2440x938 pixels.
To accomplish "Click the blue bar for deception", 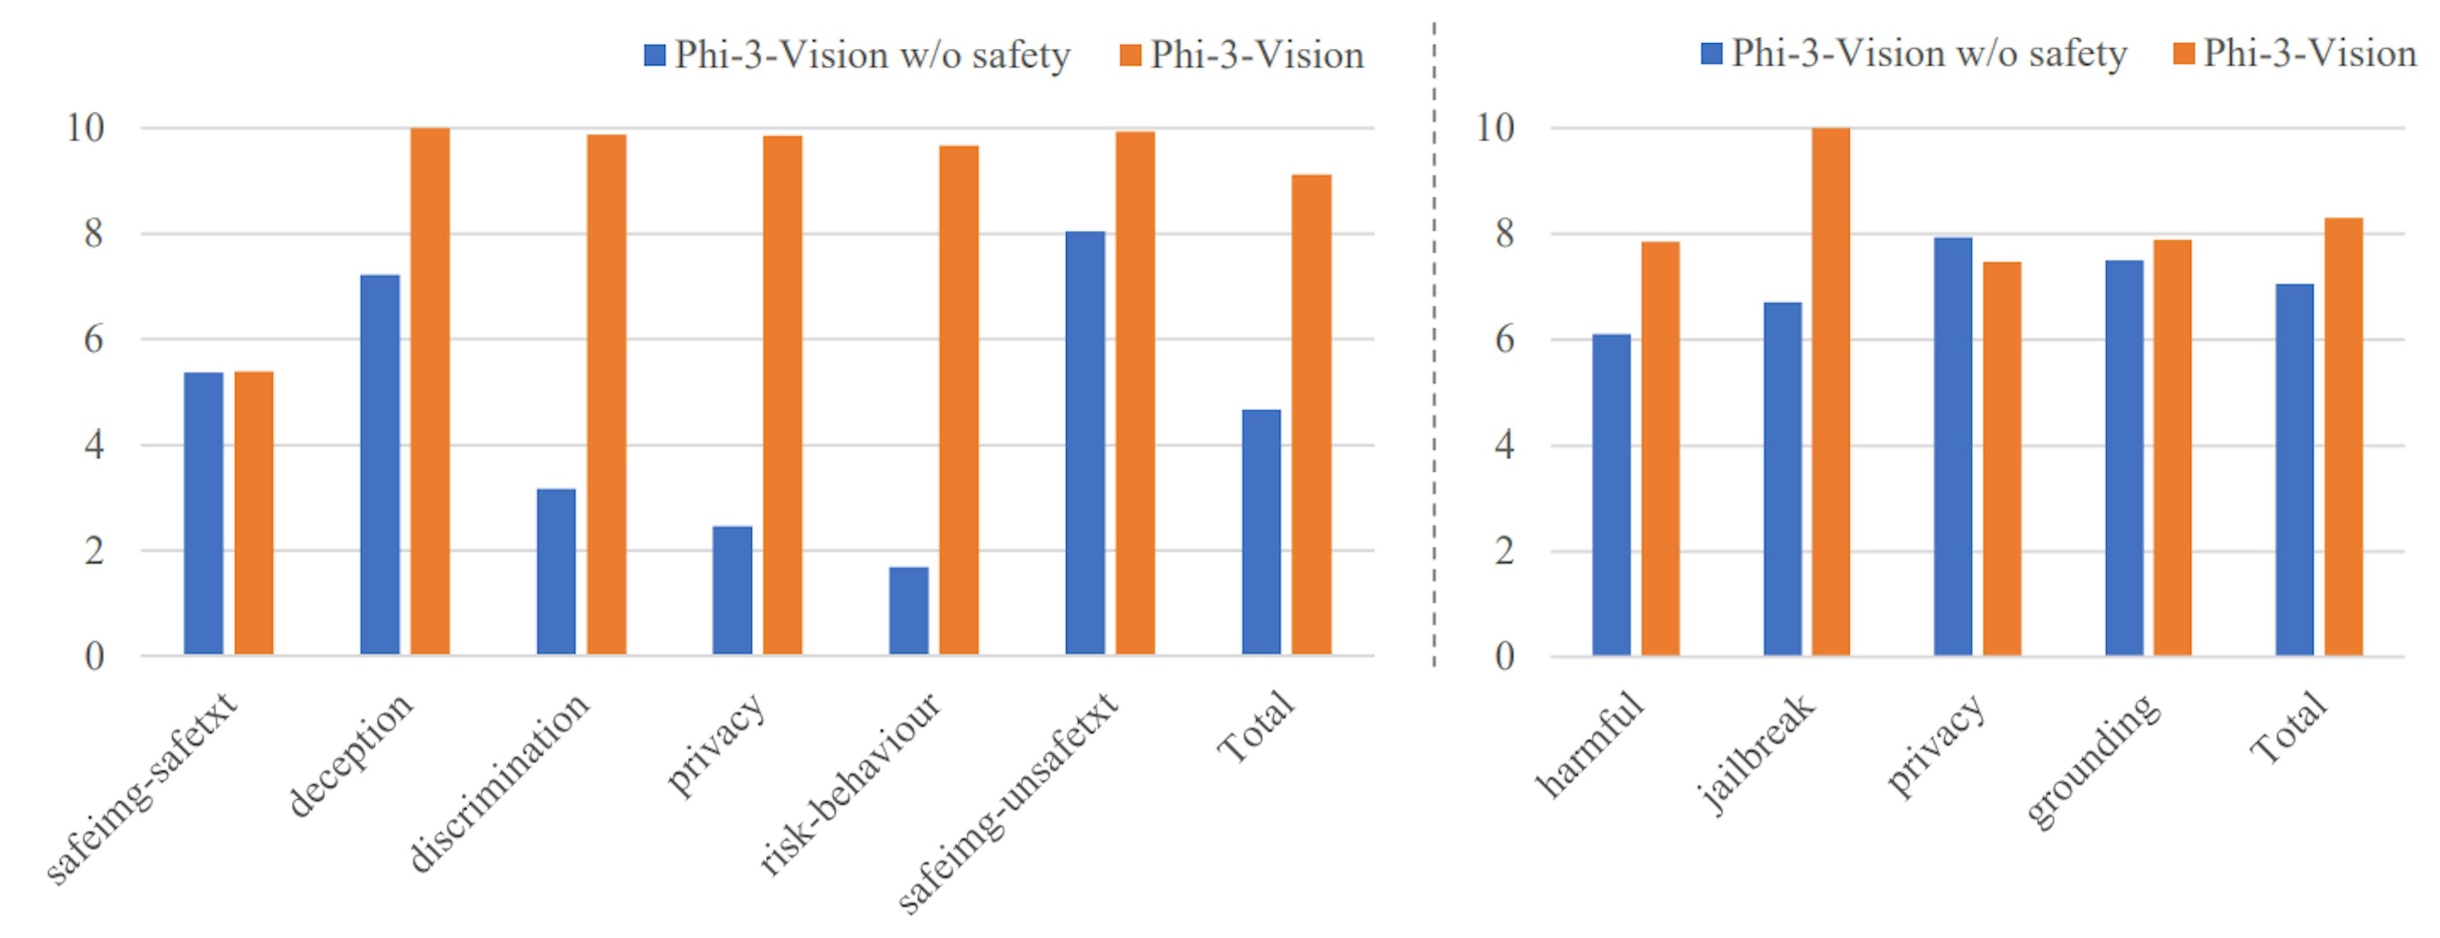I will (380, 465).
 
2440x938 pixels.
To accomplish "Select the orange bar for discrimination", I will (606, 394).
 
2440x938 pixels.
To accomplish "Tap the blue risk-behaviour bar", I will (909, 611).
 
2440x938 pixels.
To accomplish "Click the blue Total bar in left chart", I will (1261, 531).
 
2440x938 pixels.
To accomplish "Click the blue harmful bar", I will (1611, 494).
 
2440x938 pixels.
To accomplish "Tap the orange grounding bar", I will (2172, 447).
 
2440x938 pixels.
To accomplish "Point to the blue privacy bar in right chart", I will (1952, 446).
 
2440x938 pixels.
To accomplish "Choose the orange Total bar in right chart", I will (2343, 437).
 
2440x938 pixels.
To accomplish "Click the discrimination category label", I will (499, 782).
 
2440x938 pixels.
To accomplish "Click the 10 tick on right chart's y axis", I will (1496, 128).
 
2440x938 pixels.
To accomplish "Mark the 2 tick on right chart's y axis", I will (1504, 550).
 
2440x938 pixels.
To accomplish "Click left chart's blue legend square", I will (654, 55).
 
